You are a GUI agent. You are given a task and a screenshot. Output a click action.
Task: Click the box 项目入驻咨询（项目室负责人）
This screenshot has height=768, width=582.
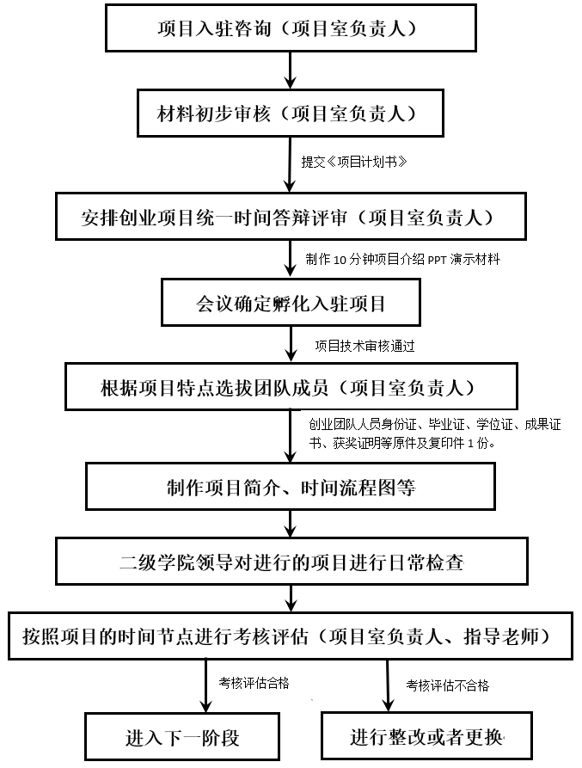pyautogui.click(x=291, y=28)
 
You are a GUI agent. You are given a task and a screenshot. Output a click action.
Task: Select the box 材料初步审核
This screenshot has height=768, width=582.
pyautogui.click(x=291, y=114)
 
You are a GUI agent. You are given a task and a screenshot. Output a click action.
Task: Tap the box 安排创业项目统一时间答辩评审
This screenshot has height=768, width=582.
pyautogui.click(x=291, y=217)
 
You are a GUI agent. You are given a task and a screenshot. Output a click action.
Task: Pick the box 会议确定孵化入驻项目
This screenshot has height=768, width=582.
pyautogui.click(x=291, y=303)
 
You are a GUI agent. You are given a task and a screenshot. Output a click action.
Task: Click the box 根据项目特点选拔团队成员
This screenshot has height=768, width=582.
pyautogui.click(x=291, y=386)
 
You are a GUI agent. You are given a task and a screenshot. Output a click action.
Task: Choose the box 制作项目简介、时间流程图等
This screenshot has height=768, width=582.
pyautogui.click(x=291, y=487)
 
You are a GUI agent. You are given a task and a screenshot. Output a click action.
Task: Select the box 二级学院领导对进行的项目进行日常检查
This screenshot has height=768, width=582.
pyautogui.click(x=291, y=562)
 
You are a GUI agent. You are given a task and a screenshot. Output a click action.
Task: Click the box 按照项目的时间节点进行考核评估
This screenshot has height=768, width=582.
pyautogui.click(x=291, y=636)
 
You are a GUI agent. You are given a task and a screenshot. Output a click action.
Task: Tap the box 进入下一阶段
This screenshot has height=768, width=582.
pyautogui.click(x=182, y=737)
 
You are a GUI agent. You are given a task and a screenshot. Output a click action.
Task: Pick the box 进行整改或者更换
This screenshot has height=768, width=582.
pyautogui.click(x=426, y=736)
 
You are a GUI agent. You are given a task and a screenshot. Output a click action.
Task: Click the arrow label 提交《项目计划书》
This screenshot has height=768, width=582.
pyautogui.click(x=354, y=162)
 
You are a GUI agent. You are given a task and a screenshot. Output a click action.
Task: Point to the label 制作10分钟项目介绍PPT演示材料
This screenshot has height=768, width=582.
pyautogui.click(x=403, y=259)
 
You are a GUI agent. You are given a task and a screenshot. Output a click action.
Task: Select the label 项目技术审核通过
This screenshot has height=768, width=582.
pyautogui.click(x=365, y=346)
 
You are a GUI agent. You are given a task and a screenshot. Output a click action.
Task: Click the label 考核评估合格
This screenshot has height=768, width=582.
pyautogui.click(x=254, y=683)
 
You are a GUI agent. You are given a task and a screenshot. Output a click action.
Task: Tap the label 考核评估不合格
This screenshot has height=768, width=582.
pyautogui.click(x=447, y=685)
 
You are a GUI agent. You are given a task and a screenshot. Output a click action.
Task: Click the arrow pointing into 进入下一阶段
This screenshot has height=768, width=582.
pyautogui.click(x=206, y=685)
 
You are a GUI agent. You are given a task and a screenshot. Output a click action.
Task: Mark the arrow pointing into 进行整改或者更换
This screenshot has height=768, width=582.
pyautogui.click(x=388, y=685)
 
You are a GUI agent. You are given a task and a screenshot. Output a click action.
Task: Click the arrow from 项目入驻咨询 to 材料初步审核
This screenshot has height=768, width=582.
pyautogui.click(x=291, y=71)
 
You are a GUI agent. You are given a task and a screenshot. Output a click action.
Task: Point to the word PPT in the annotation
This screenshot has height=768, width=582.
pyautogui.click(x=437, y=260)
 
